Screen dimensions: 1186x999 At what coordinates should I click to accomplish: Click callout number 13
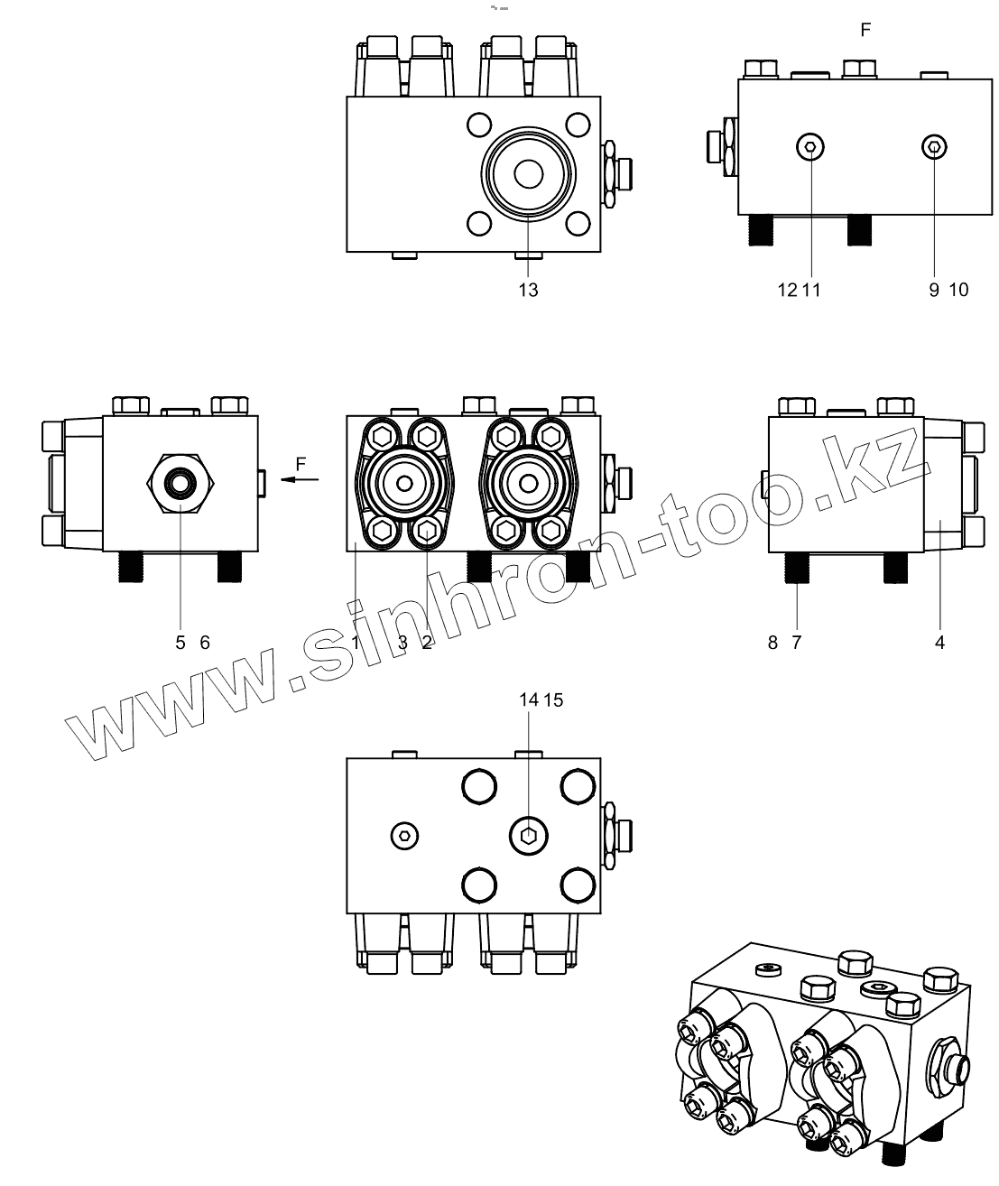coord(528,290)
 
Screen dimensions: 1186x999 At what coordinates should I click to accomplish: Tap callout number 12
coord(788,290)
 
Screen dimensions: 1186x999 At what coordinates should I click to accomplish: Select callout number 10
coord(958,290)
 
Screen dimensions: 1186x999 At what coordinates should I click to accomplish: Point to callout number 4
coord(939,643)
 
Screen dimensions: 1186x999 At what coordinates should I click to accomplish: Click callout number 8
coord(772,643)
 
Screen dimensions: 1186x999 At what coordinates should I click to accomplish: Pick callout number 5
coord(180,643)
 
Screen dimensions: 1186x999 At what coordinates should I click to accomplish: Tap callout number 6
coord(205,643)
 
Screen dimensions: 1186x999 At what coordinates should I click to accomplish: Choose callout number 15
coord(554,700)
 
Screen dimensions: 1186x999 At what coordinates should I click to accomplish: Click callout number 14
coord(529,700)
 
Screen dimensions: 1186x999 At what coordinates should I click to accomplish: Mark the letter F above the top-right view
coord(865,31)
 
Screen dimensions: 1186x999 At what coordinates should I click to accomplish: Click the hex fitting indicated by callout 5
coord(180,483)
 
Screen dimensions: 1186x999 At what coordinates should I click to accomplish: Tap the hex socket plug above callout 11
coord(810,147)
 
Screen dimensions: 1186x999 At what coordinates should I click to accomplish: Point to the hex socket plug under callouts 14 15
coord(528,835)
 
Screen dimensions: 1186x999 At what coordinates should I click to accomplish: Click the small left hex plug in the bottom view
coord(406,836)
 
